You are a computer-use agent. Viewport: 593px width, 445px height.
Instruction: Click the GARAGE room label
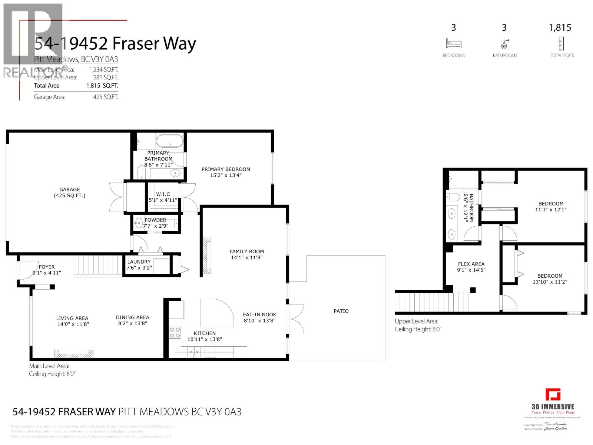click(x=69, y=189)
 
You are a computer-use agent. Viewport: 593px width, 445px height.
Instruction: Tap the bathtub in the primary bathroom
click(x=169, y=141)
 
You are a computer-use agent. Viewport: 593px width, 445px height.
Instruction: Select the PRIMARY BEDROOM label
click(x=226, y=169)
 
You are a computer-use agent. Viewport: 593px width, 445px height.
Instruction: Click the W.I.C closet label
click(x=163, y=194)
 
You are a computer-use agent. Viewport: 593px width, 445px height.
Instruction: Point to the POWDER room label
click(x=155, y=220)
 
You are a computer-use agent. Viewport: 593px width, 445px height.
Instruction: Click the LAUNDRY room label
click(x=139, y=262)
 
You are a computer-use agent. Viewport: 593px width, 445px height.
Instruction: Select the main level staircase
click(x=98, y=265)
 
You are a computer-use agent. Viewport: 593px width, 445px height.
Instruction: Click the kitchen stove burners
click(x=175, y=333)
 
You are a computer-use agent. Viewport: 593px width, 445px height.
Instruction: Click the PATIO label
click(x=341, y=311)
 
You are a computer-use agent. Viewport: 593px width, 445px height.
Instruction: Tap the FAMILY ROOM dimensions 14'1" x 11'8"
click(x=246, y=257)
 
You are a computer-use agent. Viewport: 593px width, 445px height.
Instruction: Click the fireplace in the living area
click(x=73, y=353)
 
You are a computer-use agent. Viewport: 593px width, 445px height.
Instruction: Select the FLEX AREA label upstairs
click(x=471, y=264)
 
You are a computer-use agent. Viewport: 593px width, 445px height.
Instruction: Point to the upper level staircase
click(x=426, y=302)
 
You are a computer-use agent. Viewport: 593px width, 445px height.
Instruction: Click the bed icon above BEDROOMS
click(x=454, y=43)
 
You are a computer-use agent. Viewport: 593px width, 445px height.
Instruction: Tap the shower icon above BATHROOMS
click(x=504, y=44)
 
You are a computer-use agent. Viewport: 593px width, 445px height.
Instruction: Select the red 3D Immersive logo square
click(x=553, y=395)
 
